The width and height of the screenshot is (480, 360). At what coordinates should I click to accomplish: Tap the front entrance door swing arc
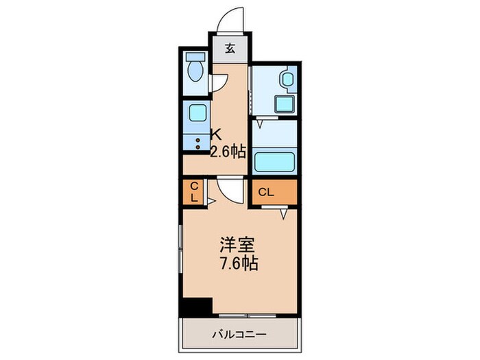[230, 21]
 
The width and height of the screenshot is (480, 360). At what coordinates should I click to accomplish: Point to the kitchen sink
[196, 112]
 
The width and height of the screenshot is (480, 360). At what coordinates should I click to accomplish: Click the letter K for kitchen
[215, 135]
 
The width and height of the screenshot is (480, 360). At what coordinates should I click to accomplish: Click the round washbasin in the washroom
[287, 79]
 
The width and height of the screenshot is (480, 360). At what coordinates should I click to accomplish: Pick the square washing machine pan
[285, 104]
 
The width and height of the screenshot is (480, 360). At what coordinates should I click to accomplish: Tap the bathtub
[275, 163]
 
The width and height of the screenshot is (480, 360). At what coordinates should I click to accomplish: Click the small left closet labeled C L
[194, 191]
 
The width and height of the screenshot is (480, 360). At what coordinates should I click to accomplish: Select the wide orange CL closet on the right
[273, 192]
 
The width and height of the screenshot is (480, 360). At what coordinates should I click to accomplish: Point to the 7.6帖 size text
[239, 263]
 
